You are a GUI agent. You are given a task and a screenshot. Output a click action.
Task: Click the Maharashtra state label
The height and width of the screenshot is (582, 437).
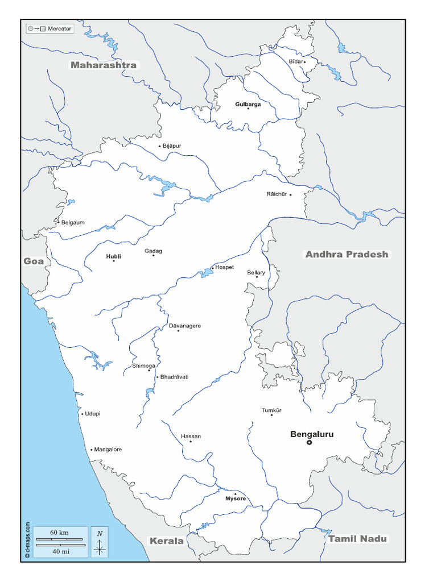pyautogui.click(x=103, y=65)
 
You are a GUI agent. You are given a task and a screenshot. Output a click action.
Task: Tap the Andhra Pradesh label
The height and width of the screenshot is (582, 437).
pyautogui.click(x=347, y=254)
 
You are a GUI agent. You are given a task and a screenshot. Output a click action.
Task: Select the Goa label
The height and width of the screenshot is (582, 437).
pyautogui.click(x=33, y=261)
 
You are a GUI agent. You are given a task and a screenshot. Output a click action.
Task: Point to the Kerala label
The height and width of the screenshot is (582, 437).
pyautogui.click(x=166, y=541)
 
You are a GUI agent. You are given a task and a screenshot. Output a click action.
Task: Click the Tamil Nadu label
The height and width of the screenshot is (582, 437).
pyautogui.click(x=357, y=538)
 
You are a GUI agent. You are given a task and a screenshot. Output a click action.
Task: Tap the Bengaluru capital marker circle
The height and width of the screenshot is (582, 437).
pyautogui.click(x=310, y=442)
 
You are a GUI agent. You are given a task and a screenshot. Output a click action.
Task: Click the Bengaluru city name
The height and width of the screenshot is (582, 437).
pyautogui.click(x=312, y=434)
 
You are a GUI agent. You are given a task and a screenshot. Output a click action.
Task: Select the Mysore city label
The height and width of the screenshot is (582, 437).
pyautogui.click(x=236, y=498)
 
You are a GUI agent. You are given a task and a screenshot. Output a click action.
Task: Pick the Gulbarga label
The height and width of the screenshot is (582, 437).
pyautogui.click(x=248, y=105)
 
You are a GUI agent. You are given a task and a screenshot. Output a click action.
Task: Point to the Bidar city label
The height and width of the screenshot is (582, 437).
pyautogui.click(x=295, y=61)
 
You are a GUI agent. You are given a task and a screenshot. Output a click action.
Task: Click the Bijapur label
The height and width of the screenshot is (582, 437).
pyautogui.click(x=171, y=146)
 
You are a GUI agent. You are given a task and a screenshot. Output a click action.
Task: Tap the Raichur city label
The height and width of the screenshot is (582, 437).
pyautogui.click(x=277, y=194)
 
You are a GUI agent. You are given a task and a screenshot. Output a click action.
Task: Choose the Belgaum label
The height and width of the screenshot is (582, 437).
pyautogui.click(x=72, y=222)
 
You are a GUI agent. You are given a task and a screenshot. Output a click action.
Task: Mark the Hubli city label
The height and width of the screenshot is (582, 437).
pyautogui.click(x=113, y=256)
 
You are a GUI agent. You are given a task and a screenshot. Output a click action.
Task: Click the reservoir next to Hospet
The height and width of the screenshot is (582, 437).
pyautogui.click(x=205, y=274)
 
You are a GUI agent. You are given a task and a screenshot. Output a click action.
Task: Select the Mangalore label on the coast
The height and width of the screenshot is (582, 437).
pyautogui.click(x=108, y=450)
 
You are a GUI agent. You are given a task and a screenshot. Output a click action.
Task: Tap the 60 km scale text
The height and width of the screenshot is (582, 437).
pyautogui.click(x=59, y=532)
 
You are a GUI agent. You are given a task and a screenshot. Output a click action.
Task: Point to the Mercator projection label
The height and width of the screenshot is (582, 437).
pyautogui.click(x=60, y=28)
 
